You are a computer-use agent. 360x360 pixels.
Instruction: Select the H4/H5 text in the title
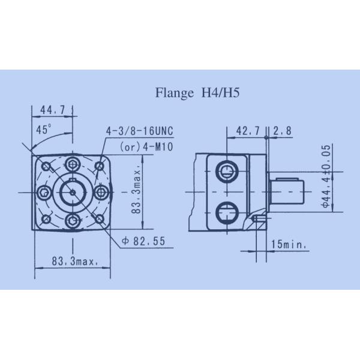coord(211,93)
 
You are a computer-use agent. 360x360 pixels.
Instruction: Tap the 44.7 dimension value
coord(52,110)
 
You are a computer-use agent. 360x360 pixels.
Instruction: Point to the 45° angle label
coord(44,130)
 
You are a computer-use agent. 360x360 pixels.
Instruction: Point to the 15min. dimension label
coord(289,244)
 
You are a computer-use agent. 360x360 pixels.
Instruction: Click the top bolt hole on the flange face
coord(73,163)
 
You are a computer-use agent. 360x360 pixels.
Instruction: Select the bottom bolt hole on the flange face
coord(73,221)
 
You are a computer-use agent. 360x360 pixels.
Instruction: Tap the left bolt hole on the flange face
coord(44,192)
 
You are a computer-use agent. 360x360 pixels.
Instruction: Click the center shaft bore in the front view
coord(73,192)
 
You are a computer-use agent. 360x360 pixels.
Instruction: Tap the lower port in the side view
coord(227,211)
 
